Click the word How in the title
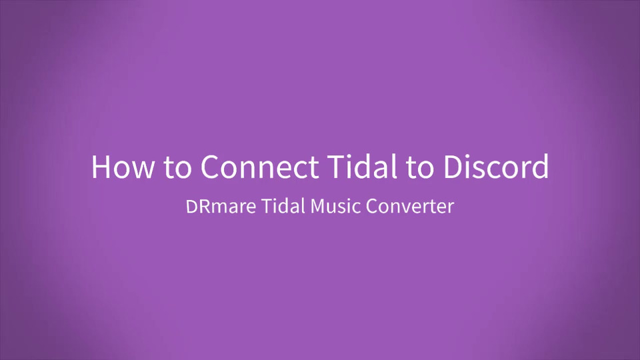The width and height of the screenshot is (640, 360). tap(123, 167)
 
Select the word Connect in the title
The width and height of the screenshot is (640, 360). tap(259, 167)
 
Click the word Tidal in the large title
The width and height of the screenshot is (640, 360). tap(362, 166)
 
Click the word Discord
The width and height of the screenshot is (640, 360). tap(496, 166)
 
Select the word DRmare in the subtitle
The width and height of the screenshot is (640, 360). tap(221, 206)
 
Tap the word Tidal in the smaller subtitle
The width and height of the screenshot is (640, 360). tap(283, 206)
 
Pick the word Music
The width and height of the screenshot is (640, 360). tap(335, 206)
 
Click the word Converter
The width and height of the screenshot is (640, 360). tap(410, 206)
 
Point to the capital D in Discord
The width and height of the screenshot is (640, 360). tap(453, 167)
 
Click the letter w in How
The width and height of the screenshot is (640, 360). tap(144, 170)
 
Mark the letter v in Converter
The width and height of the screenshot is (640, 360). tap(410, 208)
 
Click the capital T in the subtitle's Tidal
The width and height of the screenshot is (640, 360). tap(267, 206)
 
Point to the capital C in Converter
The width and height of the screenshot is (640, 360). tap(371, 206)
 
